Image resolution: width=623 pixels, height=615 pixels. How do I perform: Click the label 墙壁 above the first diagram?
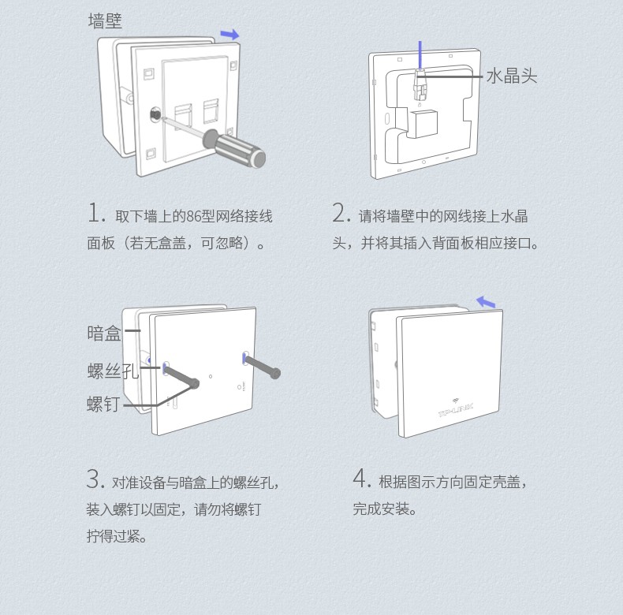tap(105, 21)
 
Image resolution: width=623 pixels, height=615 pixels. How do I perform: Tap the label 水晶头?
tap(511, 76)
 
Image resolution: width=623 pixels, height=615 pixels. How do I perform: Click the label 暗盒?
tap(104, 334)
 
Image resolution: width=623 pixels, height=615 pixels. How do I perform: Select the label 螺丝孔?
tap(112, 371)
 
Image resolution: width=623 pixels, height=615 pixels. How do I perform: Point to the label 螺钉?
tap(103, 404)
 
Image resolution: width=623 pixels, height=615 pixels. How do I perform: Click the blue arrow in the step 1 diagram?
tap(229, 35)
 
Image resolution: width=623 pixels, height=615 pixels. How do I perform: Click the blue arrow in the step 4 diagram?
tap(487, 303)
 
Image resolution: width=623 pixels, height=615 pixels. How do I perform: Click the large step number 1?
tap(95, 214)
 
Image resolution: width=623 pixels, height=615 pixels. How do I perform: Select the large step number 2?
tap(341, 214)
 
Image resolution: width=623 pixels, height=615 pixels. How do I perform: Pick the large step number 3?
tap(95, 479)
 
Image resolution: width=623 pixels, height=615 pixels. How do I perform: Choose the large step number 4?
tap(361, 479)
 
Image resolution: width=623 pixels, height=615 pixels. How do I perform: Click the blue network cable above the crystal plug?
tap(420, 54)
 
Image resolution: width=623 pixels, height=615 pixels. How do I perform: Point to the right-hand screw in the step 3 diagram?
tap(262, 366)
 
